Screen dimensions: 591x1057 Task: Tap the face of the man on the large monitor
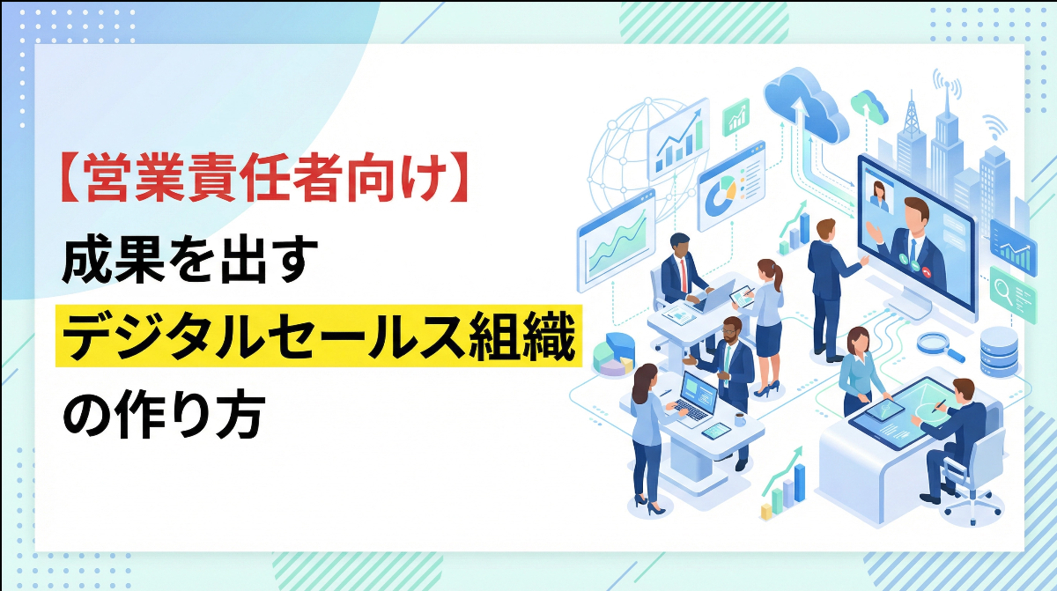pos(916,217)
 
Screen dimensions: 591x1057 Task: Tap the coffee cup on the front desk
pos(738,420)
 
